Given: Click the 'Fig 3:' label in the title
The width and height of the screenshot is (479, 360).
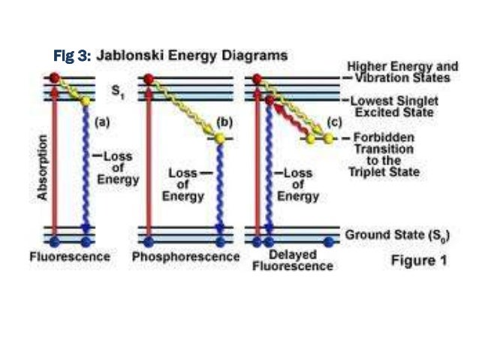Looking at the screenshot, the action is (x=73, y=56).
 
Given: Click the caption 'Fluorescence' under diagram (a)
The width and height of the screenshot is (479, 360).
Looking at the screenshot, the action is (x=69, y=257).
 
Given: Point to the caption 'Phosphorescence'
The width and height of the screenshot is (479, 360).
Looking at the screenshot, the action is (x=179, y=257).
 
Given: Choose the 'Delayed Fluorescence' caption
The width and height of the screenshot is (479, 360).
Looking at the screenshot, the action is (x=292, y=260).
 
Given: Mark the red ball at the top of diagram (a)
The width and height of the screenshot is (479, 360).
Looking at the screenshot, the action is (x=54, y=77).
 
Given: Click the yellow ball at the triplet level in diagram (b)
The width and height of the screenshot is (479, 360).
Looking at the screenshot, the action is (x=219, y=138).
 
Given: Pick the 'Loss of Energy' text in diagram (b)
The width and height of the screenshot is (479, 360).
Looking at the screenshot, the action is (x=185, y=184).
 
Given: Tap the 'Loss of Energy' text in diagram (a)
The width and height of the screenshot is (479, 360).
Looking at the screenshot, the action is (x=119, y=168).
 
